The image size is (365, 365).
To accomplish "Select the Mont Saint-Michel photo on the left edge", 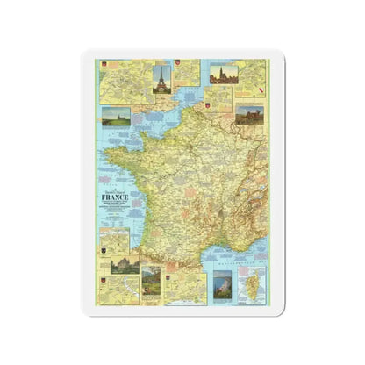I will coord(116,116).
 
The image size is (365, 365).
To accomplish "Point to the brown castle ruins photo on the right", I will coord(251,115).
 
